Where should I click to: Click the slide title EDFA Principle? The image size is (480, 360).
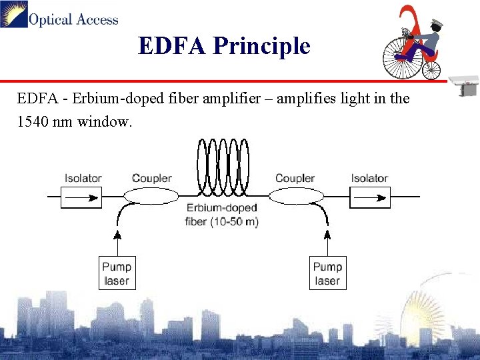point(224,46)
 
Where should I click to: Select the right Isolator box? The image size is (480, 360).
point(369,197)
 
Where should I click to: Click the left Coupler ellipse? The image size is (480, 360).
point(151,196)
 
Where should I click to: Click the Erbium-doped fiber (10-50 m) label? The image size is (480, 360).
point(222,215)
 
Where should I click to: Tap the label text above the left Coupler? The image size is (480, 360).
point(151,178)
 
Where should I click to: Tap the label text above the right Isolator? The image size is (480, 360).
point(369,178)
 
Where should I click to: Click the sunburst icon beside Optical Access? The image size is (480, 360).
point(14,14)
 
